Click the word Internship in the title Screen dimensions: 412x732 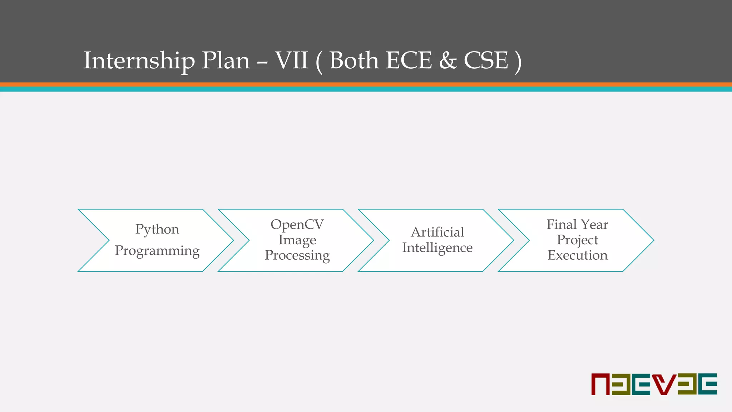139,60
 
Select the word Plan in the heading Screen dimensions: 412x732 226,60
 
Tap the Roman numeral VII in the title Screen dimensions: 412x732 291,60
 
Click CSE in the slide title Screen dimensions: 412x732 486,60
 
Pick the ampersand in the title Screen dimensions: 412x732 448,60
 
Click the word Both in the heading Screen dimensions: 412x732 354,60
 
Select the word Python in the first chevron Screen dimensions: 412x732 157,229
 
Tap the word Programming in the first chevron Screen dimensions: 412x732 157,251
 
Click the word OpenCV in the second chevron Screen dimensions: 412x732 297,225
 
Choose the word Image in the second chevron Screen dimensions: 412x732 297,240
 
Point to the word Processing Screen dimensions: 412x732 297,255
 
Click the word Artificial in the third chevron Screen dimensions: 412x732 437,232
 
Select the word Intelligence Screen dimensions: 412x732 437,247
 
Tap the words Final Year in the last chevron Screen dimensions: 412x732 577,225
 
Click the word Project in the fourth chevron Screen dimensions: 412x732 577,240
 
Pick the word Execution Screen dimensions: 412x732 577,255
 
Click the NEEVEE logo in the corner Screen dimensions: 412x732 654,384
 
